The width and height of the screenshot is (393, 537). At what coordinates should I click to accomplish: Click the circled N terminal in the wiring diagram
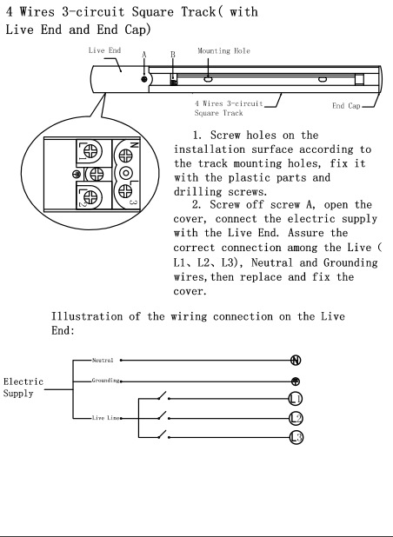click(296, 361)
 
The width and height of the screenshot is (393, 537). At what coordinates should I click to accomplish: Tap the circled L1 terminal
click(296, 399)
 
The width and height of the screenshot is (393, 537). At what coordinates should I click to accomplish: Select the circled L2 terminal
click(296, 418)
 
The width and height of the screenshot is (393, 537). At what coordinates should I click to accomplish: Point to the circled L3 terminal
click(296, 437)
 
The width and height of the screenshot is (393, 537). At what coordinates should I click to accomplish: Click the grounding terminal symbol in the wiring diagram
click(296, 381)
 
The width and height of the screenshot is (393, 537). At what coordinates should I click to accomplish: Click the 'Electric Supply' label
click(23, 388)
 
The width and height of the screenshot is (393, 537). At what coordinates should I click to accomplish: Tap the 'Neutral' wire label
click(103, 361)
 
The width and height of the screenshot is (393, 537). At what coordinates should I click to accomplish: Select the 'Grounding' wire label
click(105, 381)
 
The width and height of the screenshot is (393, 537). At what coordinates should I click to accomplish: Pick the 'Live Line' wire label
click(106, 418)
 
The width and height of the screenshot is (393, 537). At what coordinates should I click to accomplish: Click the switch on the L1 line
click(163, 396)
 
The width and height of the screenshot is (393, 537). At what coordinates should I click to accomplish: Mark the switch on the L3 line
click(163, 435)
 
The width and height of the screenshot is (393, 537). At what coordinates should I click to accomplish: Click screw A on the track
click(144, 79)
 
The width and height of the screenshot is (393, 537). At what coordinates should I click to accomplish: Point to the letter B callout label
click(173, 55)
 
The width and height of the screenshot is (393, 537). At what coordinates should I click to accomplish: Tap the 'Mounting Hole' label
click(223, 51)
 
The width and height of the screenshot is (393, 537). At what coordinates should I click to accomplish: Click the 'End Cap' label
click(346, 106)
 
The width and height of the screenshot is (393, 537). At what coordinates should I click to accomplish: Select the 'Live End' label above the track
click(104, 50)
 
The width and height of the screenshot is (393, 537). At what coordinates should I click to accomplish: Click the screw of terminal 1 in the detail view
click(90, 150)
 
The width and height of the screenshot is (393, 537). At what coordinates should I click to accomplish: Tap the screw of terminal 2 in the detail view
click(90, 197)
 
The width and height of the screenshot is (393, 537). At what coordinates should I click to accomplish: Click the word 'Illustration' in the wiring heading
click(87, 316)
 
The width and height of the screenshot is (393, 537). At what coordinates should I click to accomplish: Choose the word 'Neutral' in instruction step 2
click(272, 262)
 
